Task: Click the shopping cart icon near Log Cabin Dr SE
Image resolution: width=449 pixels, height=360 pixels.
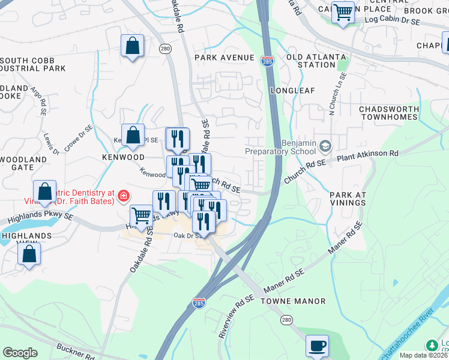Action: [x=343, y=11]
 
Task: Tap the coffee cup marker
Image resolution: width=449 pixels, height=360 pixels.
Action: [x=317, y=346]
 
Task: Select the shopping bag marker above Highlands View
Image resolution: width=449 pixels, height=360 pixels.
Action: [x=29, y=253]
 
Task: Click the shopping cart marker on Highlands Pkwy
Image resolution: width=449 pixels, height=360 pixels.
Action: [x=141, y=215]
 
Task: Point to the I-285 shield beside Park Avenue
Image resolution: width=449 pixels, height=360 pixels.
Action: [x=267, y=61]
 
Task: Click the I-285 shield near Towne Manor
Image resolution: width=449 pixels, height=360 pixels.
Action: [x=199, y=304]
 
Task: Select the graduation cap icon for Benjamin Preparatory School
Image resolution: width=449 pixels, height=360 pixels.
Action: [x=325, y=146]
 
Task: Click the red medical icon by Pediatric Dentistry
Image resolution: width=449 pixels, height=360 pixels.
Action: [x=123, y=195]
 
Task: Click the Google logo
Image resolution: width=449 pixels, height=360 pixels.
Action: [x=20, y=353]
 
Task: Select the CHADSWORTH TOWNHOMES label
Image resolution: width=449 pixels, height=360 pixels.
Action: [x=388, y=113]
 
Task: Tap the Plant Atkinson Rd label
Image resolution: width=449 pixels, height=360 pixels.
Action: [x=368, y=154]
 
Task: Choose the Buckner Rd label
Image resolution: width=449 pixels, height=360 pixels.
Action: [x=74, y=352]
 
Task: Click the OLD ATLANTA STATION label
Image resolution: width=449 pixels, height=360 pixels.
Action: [x=316, y=61]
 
